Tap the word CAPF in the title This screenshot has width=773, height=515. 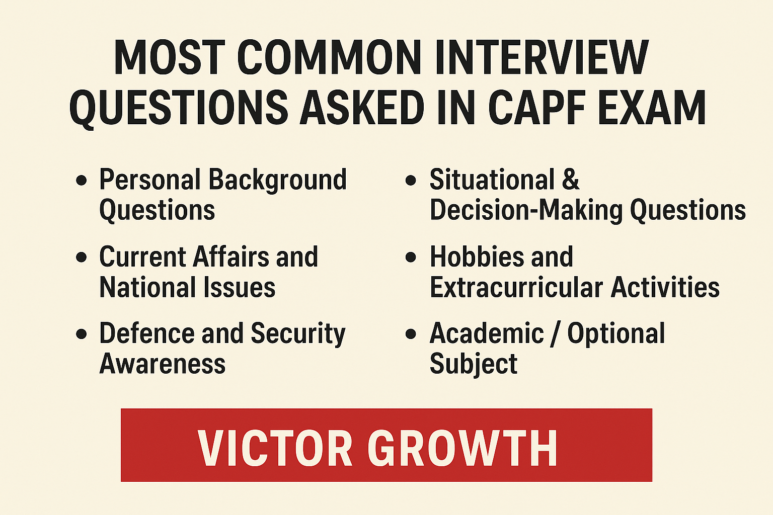537,107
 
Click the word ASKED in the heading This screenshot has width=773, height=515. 362,107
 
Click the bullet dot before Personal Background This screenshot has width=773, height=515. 81,180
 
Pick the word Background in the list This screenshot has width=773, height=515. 277,181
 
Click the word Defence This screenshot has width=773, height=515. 147,333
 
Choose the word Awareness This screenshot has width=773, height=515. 162,364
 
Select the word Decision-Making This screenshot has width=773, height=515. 526,210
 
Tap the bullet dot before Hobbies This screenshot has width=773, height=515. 411,257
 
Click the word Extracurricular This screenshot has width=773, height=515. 516,287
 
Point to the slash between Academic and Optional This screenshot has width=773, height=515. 556,333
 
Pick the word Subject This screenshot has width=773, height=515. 474,364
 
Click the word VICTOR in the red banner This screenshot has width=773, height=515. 275,448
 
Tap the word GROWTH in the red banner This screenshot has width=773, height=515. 462,448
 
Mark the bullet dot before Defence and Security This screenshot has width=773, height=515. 81,334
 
